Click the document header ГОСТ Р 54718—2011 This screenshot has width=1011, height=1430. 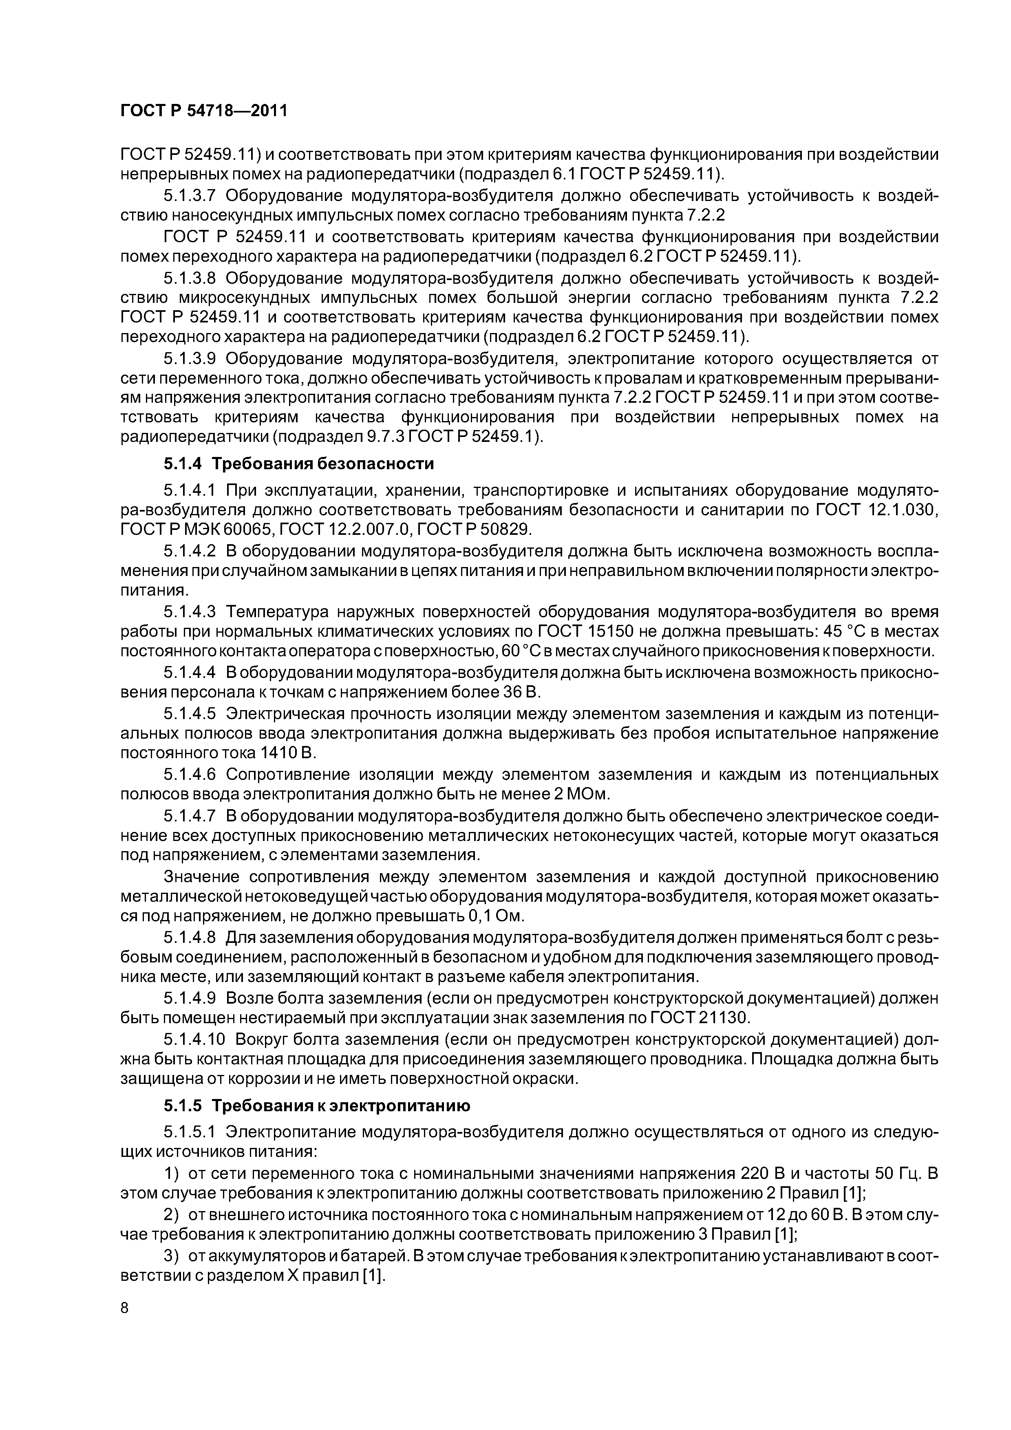204,111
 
